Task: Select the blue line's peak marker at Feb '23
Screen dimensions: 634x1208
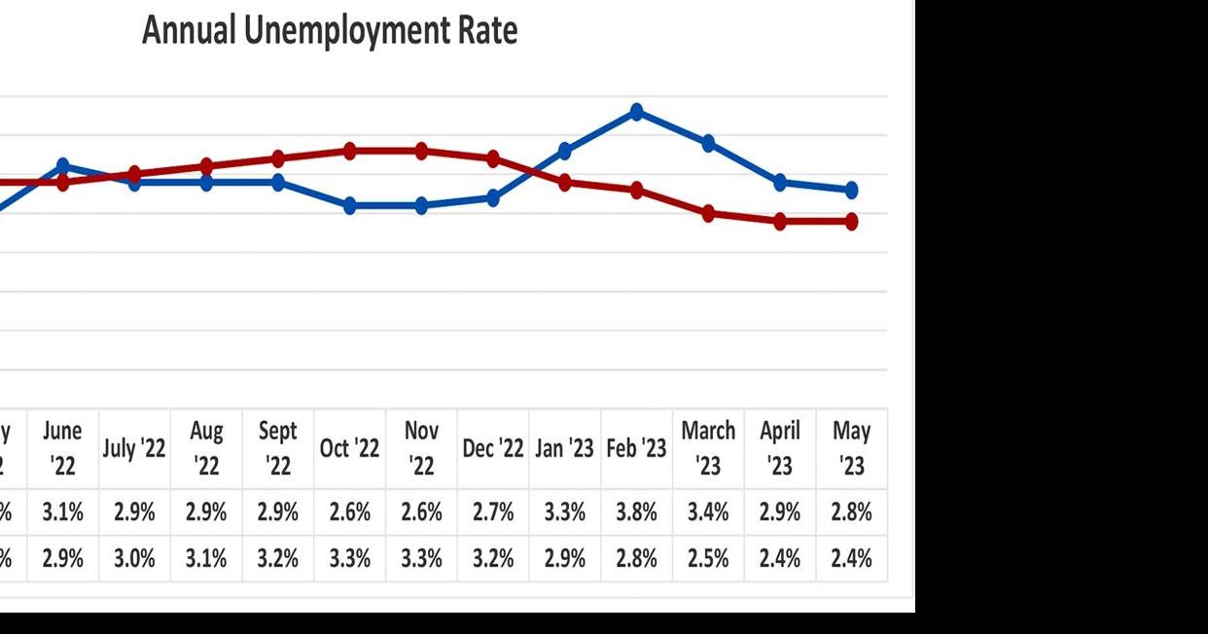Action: tap(637, 112)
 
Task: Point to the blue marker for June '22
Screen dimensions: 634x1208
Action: tap(63, 165)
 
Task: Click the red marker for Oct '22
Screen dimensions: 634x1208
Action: tap(350, 151)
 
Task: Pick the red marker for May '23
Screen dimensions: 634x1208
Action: tap(851, 222)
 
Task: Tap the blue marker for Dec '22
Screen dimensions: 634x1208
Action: tap(493, 198)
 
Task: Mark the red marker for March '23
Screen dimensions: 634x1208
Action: tap(708, 214)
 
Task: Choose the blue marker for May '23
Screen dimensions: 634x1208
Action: tap(851, 190)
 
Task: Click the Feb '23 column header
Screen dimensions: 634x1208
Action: tap(636, 448)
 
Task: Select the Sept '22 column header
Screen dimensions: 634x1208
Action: tap(278, 448)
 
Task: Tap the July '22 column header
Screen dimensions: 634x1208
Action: tap(134, 448)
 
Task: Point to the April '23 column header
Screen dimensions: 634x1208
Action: tap(779, 448)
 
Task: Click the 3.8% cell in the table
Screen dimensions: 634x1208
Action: tap(636, 512)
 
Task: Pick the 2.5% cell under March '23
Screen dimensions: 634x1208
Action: tap(708, 559)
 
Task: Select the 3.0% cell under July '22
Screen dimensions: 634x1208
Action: tap(134, 559)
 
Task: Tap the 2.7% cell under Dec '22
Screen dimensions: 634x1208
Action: tap(493, 512)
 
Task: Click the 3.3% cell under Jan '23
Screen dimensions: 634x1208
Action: tap(565, 512)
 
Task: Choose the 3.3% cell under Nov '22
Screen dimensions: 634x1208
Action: tap(421, 559)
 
